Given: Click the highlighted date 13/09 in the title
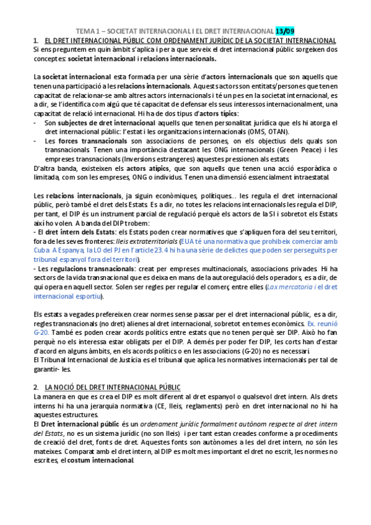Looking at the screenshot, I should click(x=285, y=30).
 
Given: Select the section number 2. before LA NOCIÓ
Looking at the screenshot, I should click(x=36, y=386).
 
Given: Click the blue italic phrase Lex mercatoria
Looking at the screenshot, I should click(x=287, y=287).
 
